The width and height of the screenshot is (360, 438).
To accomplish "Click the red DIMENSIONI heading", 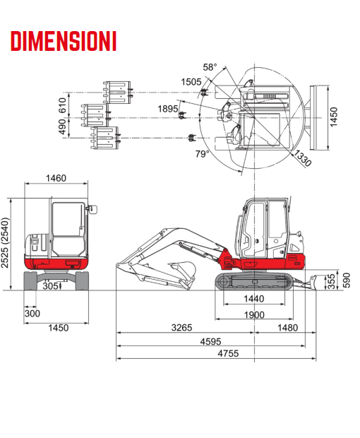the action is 64,41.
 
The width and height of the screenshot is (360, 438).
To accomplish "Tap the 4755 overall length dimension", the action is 228,354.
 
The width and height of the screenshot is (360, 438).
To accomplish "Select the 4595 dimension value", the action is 210,341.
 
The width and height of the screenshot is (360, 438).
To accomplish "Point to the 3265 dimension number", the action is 181,328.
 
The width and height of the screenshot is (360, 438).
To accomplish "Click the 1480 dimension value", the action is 288,328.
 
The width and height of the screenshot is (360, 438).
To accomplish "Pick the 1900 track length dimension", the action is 254,315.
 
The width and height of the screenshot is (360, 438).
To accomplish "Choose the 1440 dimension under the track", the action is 254,299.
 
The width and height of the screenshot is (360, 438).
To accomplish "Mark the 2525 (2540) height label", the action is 5,243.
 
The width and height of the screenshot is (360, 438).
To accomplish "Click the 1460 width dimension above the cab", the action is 56,178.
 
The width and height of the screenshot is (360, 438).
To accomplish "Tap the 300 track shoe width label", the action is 32,314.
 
